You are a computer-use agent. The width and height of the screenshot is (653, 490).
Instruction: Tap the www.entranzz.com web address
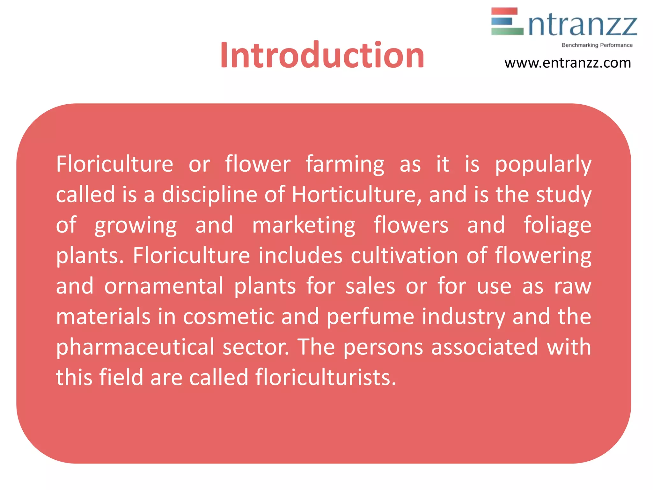(x=568, y=63)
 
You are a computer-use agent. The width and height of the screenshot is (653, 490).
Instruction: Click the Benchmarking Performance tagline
(x=597, y=45)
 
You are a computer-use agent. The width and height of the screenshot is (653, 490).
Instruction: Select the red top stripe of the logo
(x=504, y=11)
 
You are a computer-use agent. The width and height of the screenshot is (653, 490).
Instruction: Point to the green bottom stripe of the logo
(x=507, y=31)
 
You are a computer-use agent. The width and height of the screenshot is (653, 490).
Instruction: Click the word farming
(x=345, y=165)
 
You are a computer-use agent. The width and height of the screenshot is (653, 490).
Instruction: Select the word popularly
(x=543, y=165)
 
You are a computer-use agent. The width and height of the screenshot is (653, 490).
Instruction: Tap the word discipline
(x=209, y=195)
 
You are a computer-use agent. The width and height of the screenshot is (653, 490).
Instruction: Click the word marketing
(x=304, y=225)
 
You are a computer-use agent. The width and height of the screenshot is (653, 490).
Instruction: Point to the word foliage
(x=557, y=225)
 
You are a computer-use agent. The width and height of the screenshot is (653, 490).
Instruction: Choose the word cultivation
(x=404, y=256)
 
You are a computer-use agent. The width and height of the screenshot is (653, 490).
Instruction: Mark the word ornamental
(x=164, y=286)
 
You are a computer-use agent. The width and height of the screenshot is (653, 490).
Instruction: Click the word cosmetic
(x=229, y=316)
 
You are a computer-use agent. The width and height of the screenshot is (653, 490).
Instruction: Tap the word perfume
(x=371, y=316)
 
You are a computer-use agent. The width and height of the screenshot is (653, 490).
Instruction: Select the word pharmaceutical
(x=135, y=347)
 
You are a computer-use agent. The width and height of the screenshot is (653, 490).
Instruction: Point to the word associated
(x=485, y=347)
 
